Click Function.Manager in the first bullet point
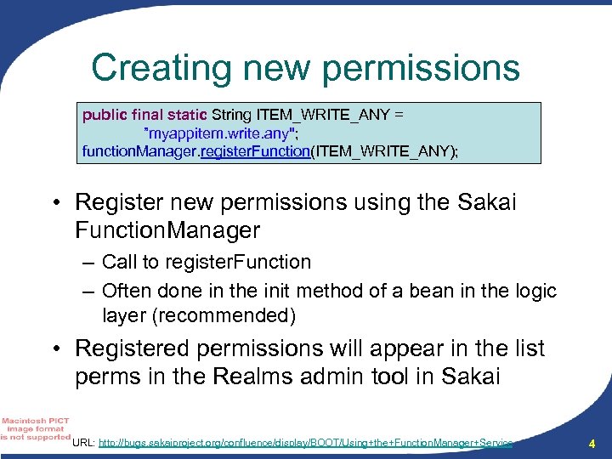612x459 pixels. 167,229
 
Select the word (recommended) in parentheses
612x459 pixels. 241,316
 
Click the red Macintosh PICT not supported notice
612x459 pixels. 35,428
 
